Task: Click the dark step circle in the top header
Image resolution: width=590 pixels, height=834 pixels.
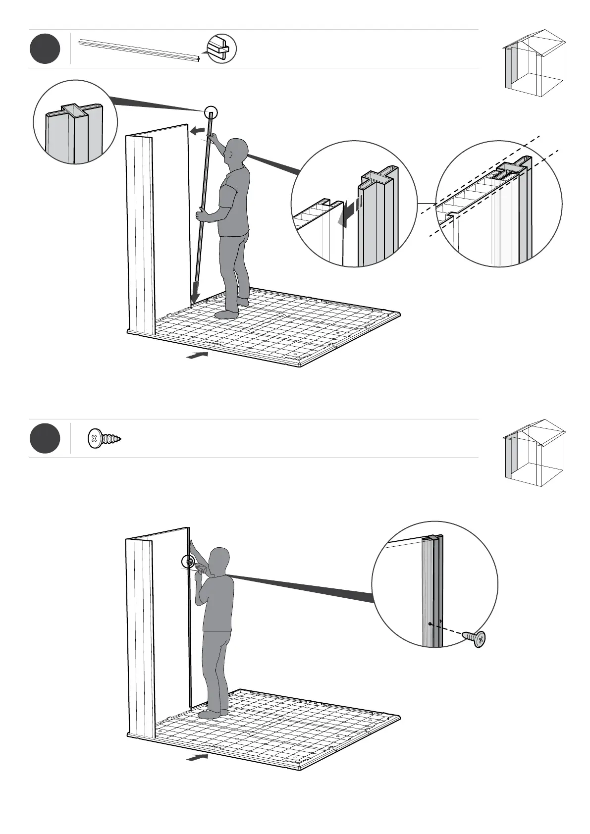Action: pos(45,49)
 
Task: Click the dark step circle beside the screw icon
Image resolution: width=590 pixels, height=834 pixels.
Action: pos(45,438)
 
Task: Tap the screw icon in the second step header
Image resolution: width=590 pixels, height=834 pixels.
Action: pos(104,439)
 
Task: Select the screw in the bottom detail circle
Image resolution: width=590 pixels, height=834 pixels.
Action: pos(475,638)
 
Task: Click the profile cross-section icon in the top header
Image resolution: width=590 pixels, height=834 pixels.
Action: pos(221,49)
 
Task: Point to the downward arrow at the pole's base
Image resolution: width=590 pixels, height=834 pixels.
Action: pos(196,292)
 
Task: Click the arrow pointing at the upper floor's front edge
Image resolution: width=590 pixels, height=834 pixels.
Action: pos(197,355)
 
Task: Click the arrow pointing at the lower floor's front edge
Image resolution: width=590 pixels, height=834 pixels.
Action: pos(197,771)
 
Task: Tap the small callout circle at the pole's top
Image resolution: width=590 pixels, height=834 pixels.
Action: pos(211,112)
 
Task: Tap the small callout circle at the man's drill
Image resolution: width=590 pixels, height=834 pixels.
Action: pos(189,562)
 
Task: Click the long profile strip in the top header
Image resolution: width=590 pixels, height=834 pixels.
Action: pos(139,51)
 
